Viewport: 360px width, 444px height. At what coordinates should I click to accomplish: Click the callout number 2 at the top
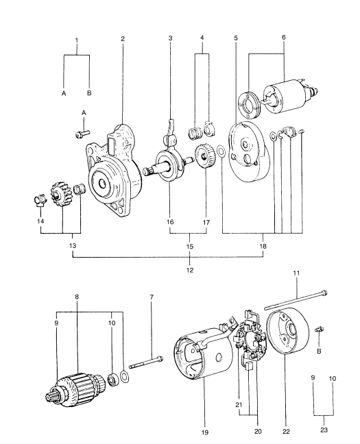(x=123, y=38)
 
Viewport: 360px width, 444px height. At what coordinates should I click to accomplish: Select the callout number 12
(x=190, y=270)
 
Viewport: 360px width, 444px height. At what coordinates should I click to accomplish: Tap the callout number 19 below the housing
(x=204, y=432)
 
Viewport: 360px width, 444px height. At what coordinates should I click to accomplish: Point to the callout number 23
(x=324, y=430)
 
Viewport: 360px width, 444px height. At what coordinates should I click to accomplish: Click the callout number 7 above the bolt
(x=152, y=297)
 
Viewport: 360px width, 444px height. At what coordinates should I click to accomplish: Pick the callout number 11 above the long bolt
(x=296, y=273)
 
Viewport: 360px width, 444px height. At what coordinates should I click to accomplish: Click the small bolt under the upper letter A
(x=82, y=134)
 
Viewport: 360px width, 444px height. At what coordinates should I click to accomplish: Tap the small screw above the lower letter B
(x=320, y=329)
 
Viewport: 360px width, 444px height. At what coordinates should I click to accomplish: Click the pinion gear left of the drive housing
(x=60, y=195)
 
